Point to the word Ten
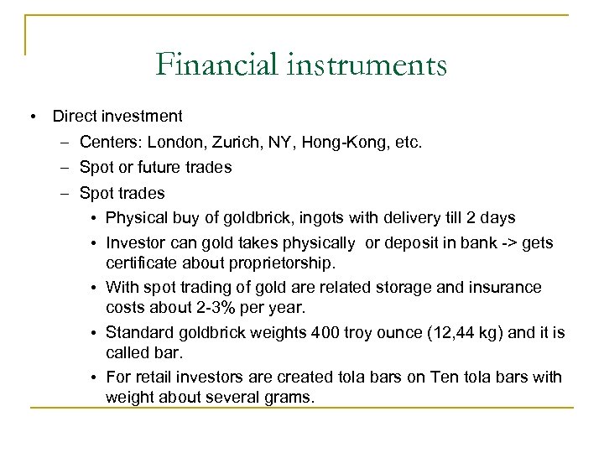[x=441, y=377]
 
